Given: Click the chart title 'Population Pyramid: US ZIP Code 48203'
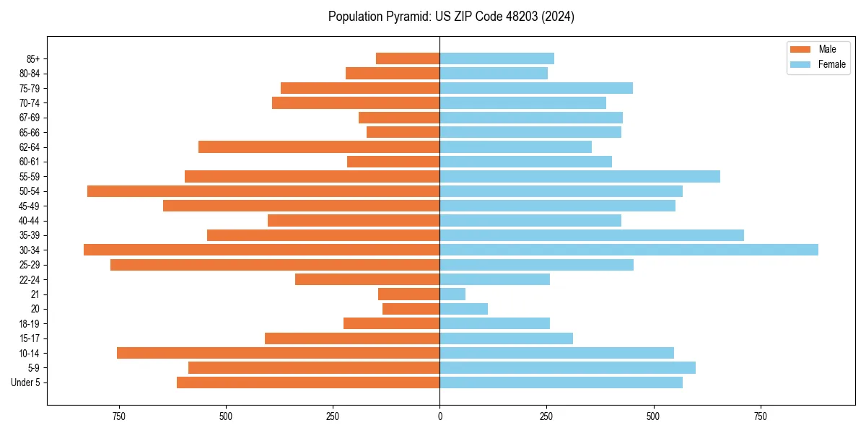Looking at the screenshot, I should pyautogui.click(x=451, y=17).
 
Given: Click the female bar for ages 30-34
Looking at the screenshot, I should pyautogui.click(x=629, y=250).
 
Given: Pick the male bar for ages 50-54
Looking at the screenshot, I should pyautogui.click(x=263, y=191).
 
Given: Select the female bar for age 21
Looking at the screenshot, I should pyautogui.click(x=452, y=294).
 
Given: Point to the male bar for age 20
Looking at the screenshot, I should pyautogui.click(x=411, y=309).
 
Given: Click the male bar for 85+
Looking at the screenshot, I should pyautogui.click(x=408, y=58).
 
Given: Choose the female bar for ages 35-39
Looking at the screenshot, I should pyautogui.click(x=592, y=235).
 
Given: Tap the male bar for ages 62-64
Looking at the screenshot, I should pyautogui.click(x=319, y=146).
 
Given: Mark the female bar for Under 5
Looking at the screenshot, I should pyautogui.click(x=561, y=382).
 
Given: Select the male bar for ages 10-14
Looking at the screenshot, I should pyautogui.click(x=278, y=353).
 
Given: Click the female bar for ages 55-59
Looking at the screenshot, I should pyautogui.click(x=579, y=176).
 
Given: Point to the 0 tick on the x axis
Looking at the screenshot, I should pyautogui.click(x=439, y=416).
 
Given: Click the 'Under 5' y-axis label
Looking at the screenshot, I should pyautogui.click(x=25, y=382).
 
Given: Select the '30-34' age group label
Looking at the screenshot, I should pyautogui.click(x=30, y=250).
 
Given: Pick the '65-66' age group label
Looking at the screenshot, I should pyautogui.click(x=30, y=132).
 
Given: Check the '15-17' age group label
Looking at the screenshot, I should pyautogui.click(x=30, y=338).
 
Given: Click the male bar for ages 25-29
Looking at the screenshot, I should pyautogui.click(x=275, y=265).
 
